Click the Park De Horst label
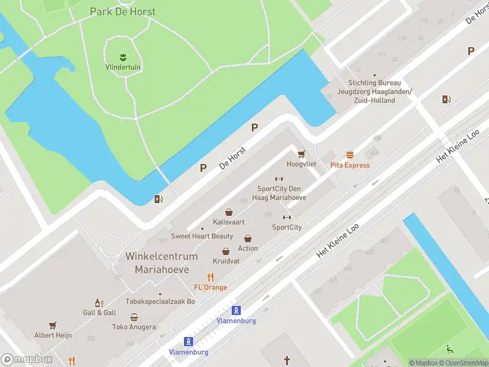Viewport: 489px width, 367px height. coord(122,12)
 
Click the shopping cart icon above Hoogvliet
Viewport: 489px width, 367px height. coord(301,154)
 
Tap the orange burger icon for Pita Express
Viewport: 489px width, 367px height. coord(350,155)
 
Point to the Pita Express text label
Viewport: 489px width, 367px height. coord(350,165)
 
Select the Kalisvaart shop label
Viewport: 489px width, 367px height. coord(229,221)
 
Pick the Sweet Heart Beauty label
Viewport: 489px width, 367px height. coord(202,236)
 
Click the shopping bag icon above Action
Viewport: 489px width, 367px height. coord(248,239)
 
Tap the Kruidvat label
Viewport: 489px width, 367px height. coord(226,261)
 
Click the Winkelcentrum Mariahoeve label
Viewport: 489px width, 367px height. coord(161,262)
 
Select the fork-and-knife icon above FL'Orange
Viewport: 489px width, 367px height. coord(210,276)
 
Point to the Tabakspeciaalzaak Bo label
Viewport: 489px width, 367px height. coord(160,302)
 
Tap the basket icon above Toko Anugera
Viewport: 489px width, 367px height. coord(134,317)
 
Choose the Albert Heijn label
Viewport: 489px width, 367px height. coord(53,335)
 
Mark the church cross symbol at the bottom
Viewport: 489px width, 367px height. coord(287,361)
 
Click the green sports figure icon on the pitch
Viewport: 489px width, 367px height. coord(450,350)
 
